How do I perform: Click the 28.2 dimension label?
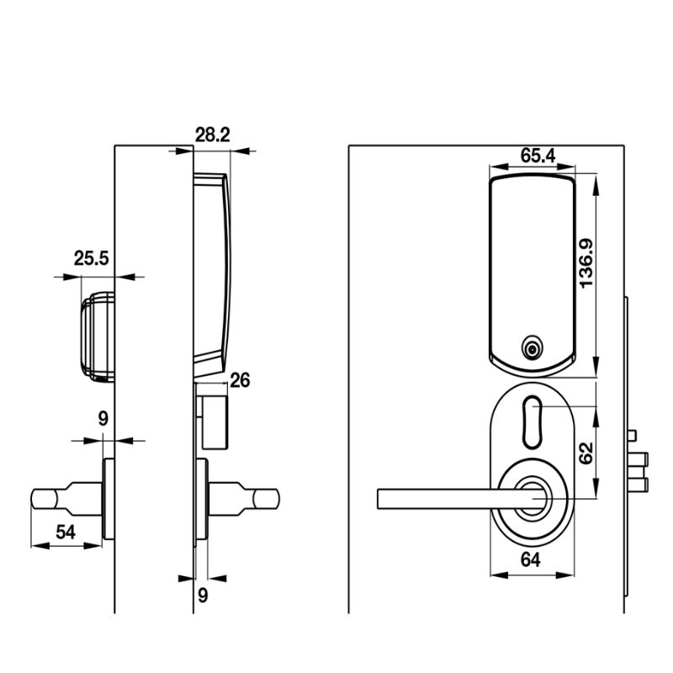pos(213,134)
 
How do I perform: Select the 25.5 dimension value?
pos(91,258)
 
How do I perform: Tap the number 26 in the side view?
pos(240,381)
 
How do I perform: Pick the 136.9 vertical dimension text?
pos(586,262)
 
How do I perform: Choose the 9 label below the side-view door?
pos(202,594)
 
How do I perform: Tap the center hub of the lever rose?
pos(533,497)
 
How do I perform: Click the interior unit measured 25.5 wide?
pos(97,336)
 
